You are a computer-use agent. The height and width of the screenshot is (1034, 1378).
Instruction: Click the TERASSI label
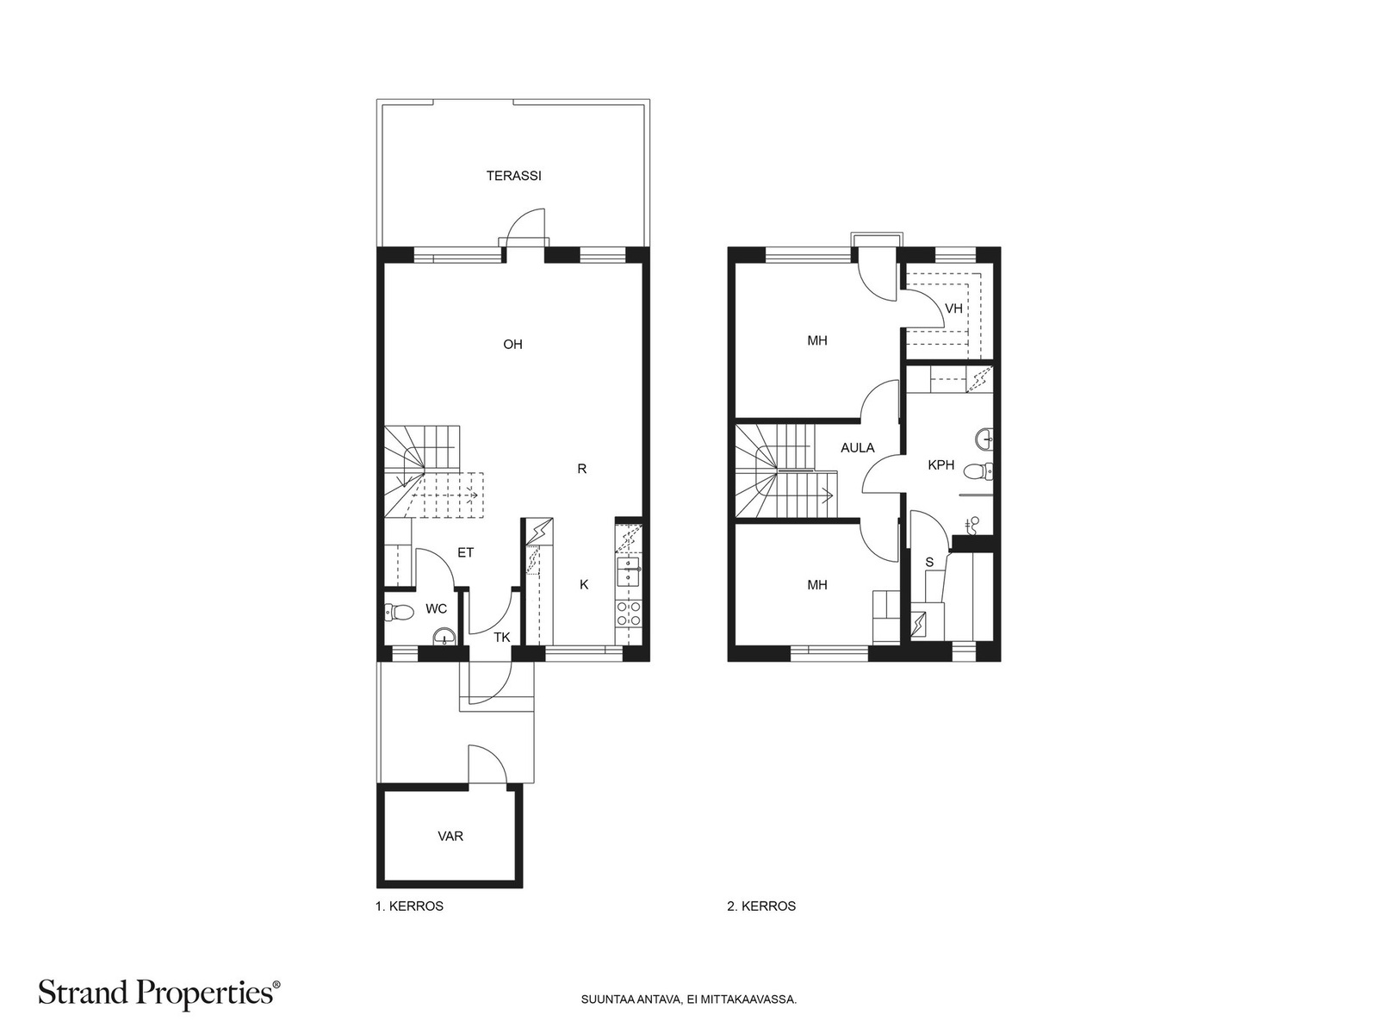[513, 176]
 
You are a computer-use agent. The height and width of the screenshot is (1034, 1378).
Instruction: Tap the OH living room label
[513, 344]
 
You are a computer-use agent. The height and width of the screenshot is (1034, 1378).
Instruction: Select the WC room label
[437, 608]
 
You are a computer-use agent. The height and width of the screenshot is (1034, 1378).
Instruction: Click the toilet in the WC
[398, 612]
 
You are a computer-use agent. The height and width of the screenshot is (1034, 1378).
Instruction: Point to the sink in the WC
[444, 638]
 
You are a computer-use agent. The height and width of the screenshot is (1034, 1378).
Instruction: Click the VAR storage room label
[450, 836]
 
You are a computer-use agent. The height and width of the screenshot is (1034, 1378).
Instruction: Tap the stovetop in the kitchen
[628, 613]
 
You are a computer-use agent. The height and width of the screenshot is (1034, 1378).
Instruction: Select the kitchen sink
[629, 571]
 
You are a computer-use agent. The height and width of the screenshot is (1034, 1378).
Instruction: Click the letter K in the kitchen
[584, 584]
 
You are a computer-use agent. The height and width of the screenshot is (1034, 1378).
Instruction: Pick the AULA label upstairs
[858, 447]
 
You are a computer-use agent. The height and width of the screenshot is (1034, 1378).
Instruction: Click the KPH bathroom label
[941, 464]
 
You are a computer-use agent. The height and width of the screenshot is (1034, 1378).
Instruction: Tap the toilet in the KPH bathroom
[978, 470]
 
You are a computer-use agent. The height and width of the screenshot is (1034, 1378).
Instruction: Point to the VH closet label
[953, 308]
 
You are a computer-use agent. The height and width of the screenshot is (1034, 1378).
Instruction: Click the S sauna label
[930, 563]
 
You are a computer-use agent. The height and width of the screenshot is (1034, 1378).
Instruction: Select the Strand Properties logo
[159, 993]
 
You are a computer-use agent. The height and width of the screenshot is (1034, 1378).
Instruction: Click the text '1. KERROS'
[409, 906]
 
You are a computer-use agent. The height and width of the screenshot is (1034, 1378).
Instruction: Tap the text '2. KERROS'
[761, 906]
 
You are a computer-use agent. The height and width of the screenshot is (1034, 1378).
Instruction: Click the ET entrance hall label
[465, 552]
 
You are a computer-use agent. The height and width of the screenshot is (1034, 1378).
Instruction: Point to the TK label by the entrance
[501, 638]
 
